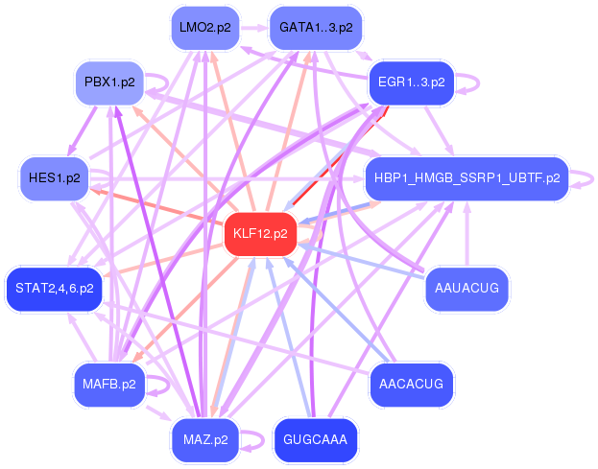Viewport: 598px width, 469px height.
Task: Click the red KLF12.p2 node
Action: (x=259, y=233)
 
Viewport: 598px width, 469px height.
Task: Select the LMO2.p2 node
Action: (x=204, y=28)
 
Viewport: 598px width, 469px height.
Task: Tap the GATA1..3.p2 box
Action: (x=315, y=28)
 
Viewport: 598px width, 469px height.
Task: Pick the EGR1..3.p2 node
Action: (x=411, y=82)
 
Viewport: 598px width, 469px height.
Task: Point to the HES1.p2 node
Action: (x=54, y=177)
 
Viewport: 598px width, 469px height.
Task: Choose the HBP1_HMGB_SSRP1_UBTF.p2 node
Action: (x=466, y=177)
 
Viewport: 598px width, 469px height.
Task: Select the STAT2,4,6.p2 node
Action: (x=54, y=288)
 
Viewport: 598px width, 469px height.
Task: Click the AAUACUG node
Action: (x=466, y=288)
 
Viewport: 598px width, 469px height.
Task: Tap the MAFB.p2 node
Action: (x=108, y=385)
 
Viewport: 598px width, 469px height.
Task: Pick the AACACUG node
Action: (x=411, y=385)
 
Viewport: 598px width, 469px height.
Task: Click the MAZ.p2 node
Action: (x=204, y=440)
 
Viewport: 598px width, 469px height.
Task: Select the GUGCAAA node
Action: (x=315, y=440)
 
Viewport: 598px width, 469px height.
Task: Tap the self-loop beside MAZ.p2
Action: (x=252, y=441)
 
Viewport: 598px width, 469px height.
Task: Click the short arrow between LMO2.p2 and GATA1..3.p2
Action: (x=253, y=28)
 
